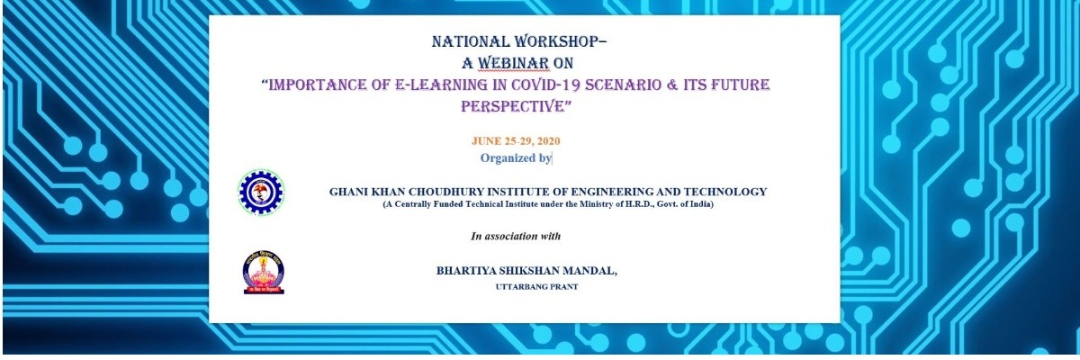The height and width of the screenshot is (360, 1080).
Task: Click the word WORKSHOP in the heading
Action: click(x=560, y=42)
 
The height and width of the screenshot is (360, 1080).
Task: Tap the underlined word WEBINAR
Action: click(x=513, y=63)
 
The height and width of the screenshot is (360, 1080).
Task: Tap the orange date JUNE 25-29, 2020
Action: click(x=516, y=141)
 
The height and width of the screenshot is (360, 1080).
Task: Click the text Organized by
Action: click(x=516, y=158)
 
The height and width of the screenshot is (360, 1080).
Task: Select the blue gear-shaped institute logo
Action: click(x=261, y=192)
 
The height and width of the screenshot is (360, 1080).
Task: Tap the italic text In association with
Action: click(x=516, y=236)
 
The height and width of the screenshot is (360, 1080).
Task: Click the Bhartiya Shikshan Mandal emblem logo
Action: click(x=264, y=273)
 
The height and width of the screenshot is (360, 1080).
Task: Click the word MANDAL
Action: click(x=589, y=271)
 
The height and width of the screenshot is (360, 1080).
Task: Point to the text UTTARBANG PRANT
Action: click(x=536, y=287)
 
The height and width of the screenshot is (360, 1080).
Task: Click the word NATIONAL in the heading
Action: click(x=471, y=42)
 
